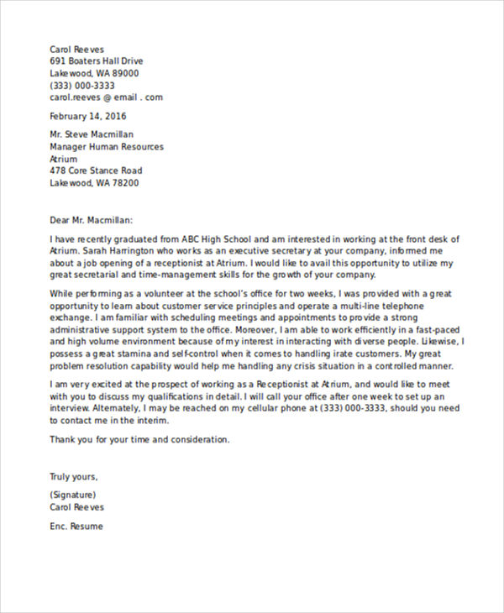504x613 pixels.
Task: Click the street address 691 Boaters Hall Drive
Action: [97, 61]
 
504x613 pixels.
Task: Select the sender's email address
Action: [106, 97]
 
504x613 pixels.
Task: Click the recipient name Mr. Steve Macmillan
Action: [92, 134]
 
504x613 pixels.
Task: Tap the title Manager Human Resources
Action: [107, 147]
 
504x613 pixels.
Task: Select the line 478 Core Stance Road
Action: [96, 170]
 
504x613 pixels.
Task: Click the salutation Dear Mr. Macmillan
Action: [92, 220]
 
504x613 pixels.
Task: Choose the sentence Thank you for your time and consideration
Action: [139, 439]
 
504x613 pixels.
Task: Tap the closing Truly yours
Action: [74, 476]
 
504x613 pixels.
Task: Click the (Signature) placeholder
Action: [73, 495]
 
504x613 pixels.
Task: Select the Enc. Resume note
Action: [76, 527]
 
